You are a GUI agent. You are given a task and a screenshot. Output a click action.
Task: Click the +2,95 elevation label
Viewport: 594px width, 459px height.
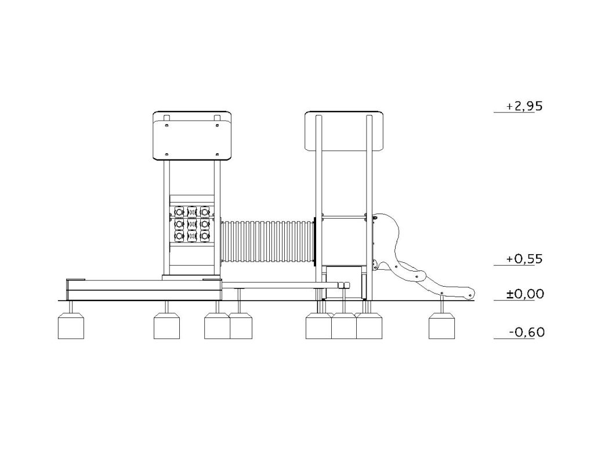click(x=524, y=107)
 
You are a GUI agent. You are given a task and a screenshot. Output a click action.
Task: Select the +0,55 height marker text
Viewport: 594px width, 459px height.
click(x=524, y=259)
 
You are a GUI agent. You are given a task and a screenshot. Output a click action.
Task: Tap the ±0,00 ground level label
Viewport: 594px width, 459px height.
click(x=525, y=294)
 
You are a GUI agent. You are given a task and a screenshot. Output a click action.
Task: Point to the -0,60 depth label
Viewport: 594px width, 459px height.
click(x=527, y=332)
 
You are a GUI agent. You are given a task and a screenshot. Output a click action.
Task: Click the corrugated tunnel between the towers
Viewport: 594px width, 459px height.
click(x=268, y=241)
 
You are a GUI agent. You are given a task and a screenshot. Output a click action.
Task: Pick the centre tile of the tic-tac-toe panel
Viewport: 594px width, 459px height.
click(x=192, y=224)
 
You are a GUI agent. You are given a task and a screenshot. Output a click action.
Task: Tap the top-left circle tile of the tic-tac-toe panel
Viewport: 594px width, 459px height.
click(x=179, y=211)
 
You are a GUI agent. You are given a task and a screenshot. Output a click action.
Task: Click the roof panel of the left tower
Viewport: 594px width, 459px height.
click(x=192, y=136)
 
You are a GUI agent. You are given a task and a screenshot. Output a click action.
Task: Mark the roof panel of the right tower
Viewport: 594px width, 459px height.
click(x=344, y=131)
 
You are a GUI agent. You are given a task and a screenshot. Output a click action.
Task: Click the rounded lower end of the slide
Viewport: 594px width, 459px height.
click(x=470, y=294)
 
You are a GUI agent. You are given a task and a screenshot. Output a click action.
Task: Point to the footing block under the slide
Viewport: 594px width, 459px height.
click(x=441, y=326)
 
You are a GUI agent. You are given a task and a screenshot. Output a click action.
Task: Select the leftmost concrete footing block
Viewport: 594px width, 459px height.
click(x=71, y=326)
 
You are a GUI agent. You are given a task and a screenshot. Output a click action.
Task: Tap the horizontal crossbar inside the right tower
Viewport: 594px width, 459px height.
click(x=344, y=216)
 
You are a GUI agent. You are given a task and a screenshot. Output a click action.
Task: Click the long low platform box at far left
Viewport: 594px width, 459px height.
click(x=144, y=290)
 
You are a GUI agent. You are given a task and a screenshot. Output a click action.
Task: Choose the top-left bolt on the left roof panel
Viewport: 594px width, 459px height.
click(x=166, y=124)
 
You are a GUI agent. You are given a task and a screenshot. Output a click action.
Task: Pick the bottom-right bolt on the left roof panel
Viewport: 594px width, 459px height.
click(x=217, y=154)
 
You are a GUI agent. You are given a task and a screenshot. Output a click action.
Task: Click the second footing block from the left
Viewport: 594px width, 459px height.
click(x=166, y=326)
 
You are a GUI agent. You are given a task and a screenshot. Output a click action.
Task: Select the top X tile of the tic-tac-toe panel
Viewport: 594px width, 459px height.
click(x=192, y=211)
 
